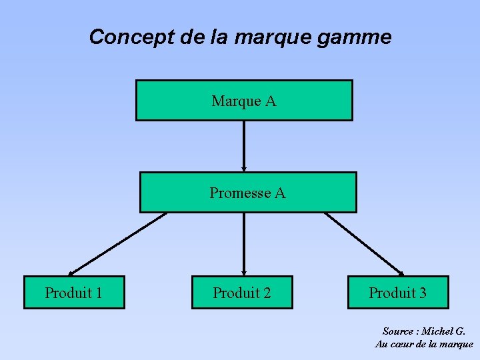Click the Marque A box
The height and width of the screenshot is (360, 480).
(244, 101)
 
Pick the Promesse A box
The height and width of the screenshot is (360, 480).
(247, 193)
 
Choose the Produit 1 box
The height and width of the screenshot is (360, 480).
(74, 293)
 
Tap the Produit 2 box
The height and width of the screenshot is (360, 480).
(242, 293)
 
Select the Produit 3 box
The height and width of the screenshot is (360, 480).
(398, 293)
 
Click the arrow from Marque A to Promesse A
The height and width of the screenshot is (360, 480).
(244, 146)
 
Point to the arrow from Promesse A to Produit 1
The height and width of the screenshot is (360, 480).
(117, 244)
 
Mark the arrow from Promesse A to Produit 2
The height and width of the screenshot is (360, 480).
(244, 244)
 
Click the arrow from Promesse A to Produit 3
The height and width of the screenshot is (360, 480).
(364, 244)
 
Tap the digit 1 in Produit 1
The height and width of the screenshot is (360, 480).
(98, 293)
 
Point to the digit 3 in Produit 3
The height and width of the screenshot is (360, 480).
(423, 293)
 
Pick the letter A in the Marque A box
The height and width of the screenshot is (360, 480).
(270, 101)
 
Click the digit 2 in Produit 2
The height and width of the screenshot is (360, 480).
(267, 293)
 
